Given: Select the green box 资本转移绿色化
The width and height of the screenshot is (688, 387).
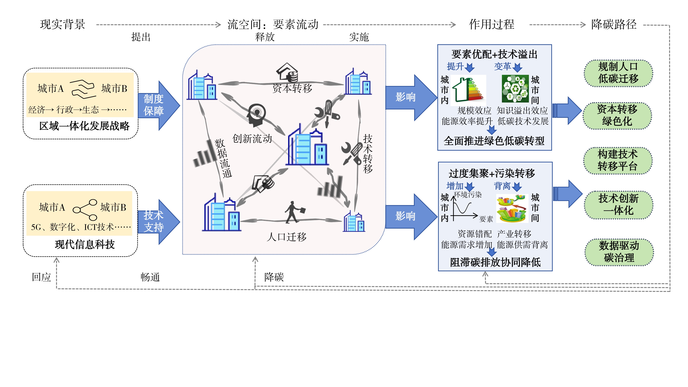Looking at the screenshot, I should (x=617, y=115).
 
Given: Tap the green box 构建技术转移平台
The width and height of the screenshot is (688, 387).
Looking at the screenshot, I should (x=617, y=160).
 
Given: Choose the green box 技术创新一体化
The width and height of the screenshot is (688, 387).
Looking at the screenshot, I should (x=618, y=205).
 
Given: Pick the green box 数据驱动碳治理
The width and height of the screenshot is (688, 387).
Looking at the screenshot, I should (x=619, y=252).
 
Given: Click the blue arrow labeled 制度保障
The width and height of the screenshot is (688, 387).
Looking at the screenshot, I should (x=158, y=105).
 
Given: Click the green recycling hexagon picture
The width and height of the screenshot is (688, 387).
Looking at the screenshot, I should (x=515, y=89).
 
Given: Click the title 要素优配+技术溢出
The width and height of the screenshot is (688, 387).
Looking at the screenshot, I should (x=494, y=54).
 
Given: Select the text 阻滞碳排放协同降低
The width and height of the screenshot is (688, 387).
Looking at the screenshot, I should (x=495, y=262).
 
